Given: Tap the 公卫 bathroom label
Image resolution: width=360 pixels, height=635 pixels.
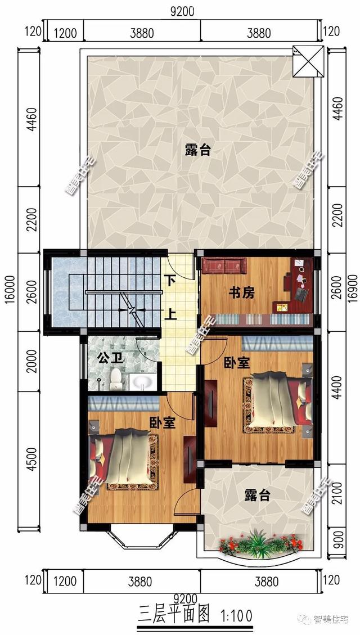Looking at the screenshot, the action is click(109, 358).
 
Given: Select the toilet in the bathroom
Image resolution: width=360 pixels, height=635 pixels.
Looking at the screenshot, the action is click(116, 379).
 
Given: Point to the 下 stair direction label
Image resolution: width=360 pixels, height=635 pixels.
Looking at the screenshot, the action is click(172, 280).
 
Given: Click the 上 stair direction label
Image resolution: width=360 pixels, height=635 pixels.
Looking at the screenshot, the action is click(172, 313).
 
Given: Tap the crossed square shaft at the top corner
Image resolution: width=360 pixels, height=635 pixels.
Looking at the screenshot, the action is click(308, 61).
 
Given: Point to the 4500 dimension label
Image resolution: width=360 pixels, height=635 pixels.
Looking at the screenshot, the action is click(31, 460).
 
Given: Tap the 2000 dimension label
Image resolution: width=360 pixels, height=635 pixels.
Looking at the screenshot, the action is click(31, 361).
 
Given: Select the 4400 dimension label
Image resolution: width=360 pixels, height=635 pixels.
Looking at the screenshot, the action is click(337, 388).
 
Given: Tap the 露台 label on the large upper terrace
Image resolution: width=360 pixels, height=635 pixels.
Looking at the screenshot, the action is click(198, 150).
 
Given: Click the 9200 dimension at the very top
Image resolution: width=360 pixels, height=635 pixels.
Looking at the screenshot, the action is click(182, 11).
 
